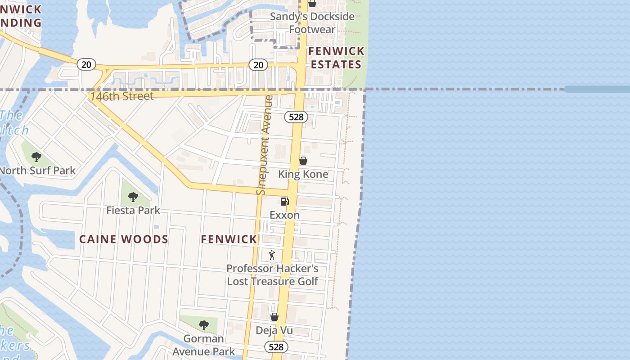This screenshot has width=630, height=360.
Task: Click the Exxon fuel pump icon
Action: click(284, 202)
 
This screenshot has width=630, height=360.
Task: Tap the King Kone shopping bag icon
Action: click(303, 161)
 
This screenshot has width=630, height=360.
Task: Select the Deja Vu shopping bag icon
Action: click(274, 317)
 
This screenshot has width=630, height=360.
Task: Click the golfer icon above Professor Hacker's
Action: click(272, 256)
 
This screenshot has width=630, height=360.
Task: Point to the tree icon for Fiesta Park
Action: click(133, 197)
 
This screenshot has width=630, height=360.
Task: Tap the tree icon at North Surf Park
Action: click(36, 157)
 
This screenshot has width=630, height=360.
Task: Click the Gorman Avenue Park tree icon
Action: click(204, 325)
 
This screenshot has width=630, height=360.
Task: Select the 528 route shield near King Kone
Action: click(296, 117)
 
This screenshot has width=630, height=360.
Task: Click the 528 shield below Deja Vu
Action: click(276, 347)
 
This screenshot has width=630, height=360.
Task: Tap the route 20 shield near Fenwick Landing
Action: click(86, 65)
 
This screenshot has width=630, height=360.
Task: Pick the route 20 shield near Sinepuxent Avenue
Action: click(258, 65)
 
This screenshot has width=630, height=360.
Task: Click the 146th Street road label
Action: click(121, 96)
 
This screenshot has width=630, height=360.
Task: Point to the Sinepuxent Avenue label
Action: click(265, 145)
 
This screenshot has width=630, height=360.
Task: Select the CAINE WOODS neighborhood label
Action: click(124, 239)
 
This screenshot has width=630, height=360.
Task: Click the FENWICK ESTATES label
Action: click(336, 58)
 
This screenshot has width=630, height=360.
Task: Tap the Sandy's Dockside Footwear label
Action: click(312, 23)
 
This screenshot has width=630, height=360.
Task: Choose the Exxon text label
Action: click(284, 215)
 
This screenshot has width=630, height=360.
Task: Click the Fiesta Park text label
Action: click(133, 210)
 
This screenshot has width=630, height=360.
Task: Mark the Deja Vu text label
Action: click(274, 331)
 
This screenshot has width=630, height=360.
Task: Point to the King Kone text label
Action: click(303, 174)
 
